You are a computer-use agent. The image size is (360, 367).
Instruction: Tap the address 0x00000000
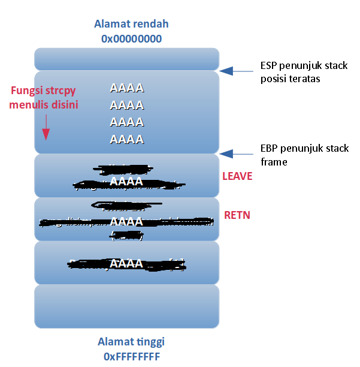click(x=131, y=38)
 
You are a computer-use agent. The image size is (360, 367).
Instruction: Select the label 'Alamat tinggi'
click(x=131, y=342)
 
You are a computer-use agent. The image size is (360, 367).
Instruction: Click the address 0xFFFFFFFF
click(x=131, y=355)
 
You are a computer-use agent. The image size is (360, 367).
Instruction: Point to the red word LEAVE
click(x=237, y=176)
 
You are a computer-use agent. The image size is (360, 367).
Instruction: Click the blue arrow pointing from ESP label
click(x=236, y=71)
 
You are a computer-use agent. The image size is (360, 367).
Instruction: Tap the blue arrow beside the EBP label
click(x=236, y=154)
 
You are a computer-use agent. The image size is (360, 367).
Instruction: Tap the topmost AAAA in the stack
click(x=126, y=88)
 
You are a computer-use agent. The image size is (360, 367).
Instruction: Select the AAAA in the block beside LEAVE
click(x=126, y=181)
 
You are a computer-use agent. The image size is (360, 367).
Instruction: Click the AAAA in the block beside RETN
click(x=126, y=221)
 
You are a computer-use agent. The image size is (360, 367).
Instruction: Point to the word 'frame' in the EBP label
click(x=274, y=161)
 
